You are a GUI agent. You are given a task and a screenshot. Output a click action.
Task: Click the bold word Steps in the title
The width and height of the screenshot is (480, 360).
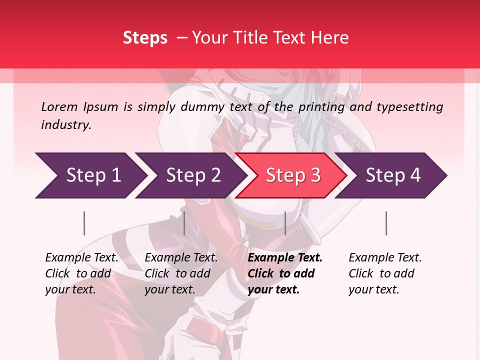pos(145,37)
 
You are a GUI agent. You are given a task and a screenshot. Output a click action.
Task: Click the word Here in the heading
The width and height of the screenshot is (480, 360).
pos(330,37)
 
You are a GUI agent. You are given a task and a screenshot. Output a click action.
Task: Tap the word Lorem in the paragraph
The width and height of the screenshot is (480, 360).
pos(59,106)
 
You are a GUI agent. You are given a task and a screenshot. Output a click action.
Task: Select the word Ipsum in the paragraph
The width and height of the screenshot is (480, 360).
pos(100,106)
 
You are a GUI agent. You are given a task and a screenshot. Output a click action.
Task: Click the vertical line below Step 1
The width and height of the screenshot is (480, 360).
pos(84,223)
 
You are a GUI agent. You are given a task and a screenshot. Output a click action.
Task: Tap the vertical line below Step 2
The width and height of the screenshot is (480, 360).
pos(184,223)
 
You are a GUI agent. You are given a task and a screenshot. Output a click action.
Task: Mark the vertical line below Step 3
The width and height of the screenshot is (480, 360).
pos(285,223)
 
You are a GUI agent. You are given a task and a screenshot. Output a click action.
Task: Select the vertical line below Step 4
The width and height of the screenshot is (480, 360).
pos(386,223)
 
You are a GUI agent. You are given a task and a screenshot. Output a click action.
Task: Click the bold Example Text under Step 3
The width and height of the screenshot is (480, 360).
pos(285,257)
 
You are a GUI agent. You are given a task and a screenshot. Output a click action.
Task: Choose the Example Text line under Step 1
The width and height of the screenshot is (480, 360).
pos(81,257)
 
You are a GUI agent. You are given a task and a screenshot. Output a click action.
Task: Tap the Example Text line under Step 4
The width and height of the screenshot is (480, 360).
pos(385,257)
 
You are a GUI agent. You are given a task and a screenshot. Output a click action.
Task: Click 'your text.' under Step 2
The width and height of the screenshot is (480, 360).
pos(169,289)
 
